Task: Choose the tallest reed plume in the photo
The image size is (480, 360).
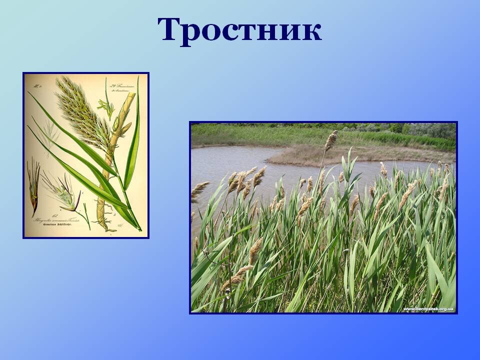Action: (330, 140)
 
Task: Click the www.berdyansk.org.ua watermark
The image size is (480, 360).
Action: (428, 309)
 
